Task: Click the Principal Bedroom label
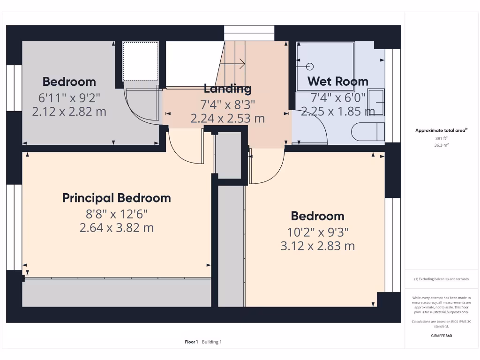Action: click(117, 198)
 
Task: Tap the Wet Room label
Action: click(337, 81)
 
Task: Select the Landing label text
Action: click(227, 89)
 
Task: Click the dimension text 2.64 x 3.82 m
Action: click(117, 228)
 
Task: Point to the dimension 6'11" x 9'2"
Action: click(69, 98)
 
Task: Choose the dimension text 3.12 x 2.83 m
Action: click(317, 246)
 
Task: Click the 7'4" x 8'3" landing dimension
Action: click(227, 104)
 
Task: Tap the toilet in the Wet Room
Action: click(368, 132)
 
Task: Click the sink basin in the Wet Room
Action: click(376, 102)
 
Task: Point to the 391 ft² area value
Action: click(441, 138)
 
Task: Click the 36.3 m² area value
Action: click(441, 145)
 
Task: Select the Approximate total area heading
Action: click(441, 131)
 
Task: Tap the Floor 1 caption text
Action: click(191, 342)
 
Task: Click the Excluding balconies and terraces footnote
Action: click(441, 279)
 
